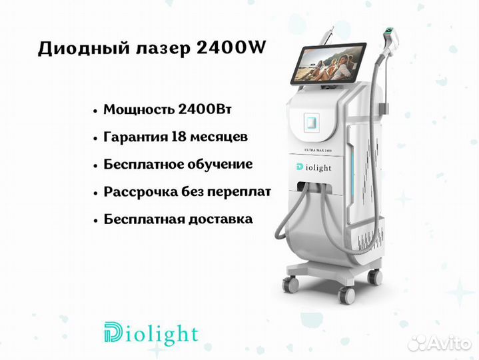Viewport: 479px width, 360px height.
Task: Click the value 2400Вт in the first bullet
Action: [x=205, y=109]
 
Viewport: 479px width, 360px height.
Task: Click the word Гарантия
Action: [x=136, y=137]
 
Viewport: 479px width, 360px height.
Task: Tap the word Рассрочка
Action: [x=141, y=192]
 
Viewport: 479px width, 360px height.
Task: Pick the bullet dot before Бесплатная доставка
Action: [x=96, y=220]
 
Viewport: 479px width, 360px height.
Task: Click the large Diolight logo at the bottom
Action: [x=151, y=334]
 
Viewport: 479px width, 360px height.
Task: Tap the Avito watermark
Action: [x=439, y=343]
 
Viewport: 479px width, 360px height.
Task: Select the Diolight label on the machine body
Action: [x=314, y=168]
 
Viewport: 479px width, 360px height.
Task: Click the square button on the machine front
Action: [x=311, y=123]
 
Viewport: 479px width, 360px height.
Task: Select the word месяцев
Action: [x=219, y=137]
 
